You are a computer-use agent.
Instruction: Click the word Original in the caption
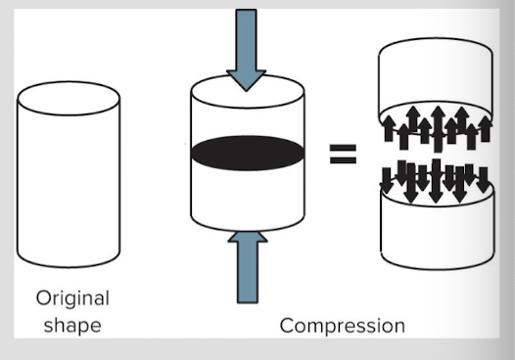72,298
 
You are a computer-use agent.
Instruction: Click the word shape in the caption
72,325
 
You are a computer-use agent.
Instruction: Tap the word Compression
343,326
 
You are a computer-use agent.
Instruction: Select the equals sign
343,154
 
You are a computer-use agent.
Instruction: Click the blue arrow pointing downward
246,49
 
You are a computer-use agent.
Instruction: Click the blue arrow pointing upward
248,267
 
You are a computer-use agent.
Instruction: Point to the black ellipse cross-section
248,153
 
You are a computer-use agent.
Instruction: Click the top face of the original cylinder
69,98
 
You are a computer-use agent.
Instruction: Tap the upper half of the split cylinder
436,79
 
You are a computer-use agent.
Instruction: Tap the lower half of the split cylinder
437,230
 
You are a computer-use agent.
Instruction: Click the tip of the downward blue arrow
247,91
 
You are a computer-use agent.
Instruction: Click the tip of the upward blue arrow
248,231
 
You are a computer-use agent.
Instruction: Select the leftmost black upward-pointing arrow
390,128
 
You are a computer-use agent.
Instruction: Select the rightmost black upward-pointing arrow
486,129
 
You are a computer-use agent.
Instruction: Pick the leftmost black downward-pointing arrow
387,181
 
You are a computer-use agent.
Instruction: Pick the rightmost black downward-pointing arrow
483,180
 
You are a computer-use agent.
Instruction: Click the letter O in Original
43,299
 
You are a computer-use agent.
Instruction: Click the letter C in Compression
287,326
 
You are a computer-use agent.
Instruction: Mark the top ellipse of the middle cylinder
248,91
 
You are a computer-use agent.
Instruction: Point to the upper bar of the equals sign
343,148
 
